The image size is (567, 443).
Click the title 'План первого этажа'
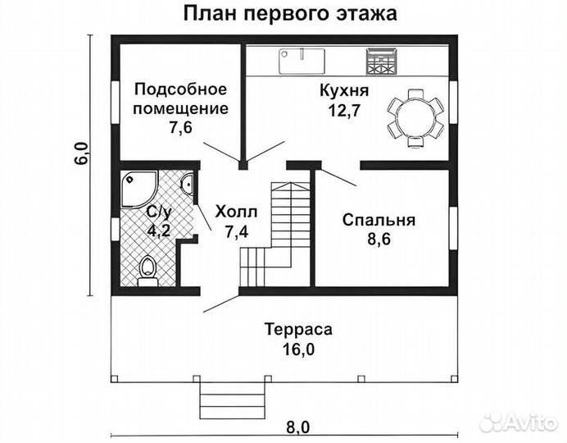pos(284,14)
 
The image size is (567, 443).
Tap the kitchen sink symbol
pos(302,59)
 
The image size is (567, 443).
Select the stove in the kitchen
pos(379,59)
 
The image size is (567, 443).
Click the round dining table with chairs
pos(413,116)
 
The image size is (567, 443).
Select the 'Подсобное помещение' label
pos(180,98)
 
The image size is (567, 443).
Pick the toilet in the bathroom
pos(147,269)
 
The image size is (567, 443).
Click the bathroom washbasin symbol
pos(188,187)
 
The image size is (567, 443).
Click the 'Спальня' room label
pos(379,220)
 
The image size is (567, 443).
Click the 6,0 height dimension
pos(80,153)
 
